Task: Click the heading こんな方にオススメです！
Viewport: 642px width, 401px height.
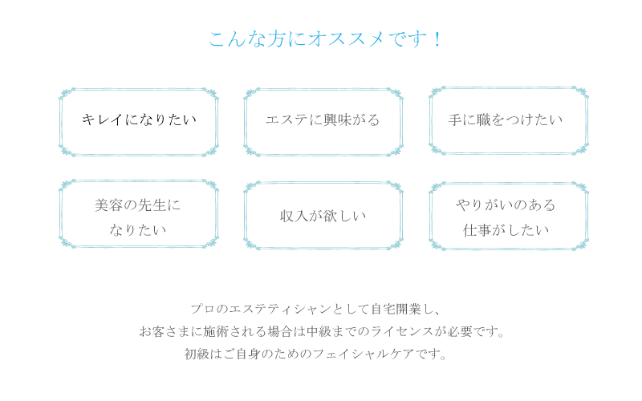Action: pyautogui.click(x=325, y=38)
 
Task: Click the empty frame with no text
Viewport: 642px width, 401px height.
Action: pyautogui.click(x=139, y=122)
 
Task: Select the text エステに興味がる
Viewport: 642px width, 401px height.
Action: pyautogui.click(x=322, y=120)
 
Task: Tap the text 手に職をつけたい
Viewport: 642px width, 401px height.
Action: pyautogui.click(x=505, y=120)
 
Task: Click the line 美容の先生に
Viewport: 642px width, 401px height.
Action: pyautogui.click(x=137, y=205)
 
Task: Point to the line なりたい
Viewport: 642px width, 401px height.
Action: pyautogui.click(x=137, y=230)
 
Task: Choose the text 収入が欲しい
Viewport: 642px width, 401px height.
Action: pyautogui.click(x=322, y=216)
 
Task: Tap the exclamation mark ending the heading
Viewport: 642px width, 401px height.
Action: pyautogui.click(x=437, y=38)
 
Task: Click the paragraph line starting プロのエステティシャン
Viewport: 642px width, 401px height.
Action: pyautogui.click(x=315, y=309)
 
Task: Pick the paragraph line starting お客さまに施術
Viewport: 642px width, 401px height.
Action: pyautogui.click(x=322, y=331)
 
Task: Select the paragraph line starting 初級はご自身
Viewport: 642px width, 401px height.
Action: pyautogui.click(x=315, y=354)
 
